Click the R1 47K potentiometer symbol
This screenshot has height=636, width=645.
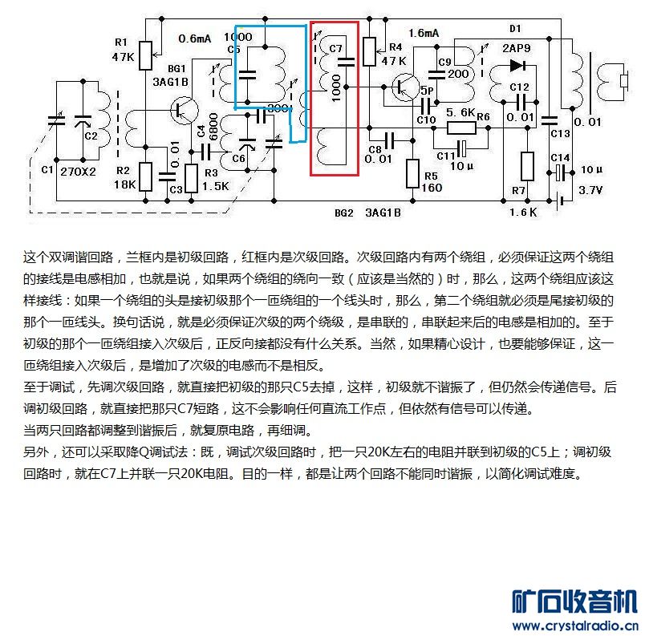click(x=146, y=55)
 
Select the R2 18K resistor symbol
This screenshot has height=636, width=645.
click(x=146, y=175)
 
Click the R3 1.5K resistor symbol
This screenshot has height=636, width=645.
click(x=191, y=176)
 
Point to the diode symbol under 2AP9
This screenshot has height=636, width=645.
click(x=517, y=66)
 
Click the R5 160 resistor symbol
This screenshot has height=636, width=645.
click(x=412, y=173)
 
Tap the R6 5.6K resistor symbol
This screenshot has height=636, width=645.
click(x=461, y=128)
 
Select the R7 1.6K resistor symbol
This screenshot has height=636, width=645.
click(x=526, y=166)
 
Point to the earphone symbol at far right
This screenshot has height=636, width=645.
click(x=623, y=81)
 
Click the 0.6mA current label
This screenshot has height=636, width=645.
click(x=195, y=38)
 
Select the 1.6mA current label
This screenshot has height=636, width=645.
click(x=423, y=34)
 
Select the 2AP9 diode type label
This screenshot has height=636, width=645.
click(x=517, y=47)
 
